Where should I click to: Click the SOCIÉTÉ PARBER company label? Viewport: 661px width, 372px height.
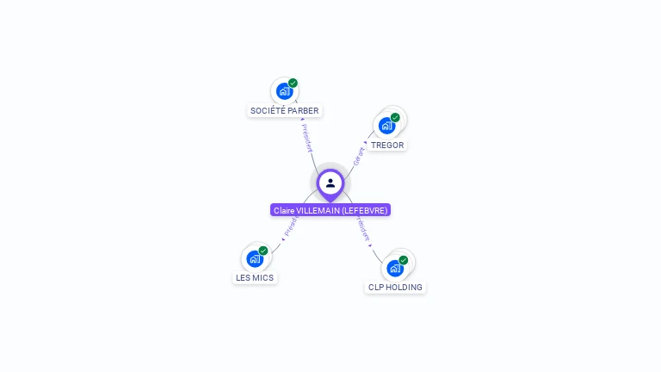click(284, 110)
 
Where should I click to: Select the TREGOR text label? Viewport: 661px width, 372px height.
click(387, 145)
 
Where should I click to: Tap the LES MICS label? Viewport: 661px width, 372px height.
click(255, 277)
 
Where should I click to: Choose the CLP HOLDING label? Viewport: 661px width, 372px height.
click(395, 287)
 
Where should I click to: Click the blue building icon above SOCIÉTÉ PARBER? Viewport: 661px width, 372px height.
click(283, 90)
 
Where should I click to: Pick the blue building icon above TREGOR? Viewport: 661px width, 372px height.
click(387, 126)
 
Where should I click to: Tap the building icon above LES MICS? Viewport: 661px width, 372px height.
click(254, 258)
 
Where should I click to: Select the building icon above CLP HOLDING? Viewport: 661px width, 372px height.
click(395, 268)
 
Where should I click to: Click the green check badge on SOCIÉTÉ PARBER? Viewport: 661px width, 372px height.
click(293, 83)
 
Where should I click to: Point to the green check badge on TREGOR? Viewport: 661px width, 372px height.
click(395, 117)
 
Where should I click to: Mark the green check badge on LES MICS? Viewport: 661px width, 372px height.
click(263, 251)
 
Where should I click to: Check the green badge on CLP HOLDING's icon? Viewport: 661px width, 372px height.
click(403, 259)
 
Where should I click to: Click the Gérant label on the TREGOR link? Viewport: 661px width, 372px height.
click(358, 156)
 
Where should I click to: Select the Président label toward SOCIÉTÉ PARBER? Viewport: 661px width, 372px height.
click(306, 138)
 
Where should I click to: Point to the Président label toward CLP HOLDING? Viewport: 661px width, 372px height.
click(362, 228)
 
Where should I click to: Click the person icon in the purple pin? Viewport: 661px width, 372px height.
click(330, 183)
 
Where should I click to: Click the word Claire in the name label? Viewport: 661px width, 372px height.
click(283, 210)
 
